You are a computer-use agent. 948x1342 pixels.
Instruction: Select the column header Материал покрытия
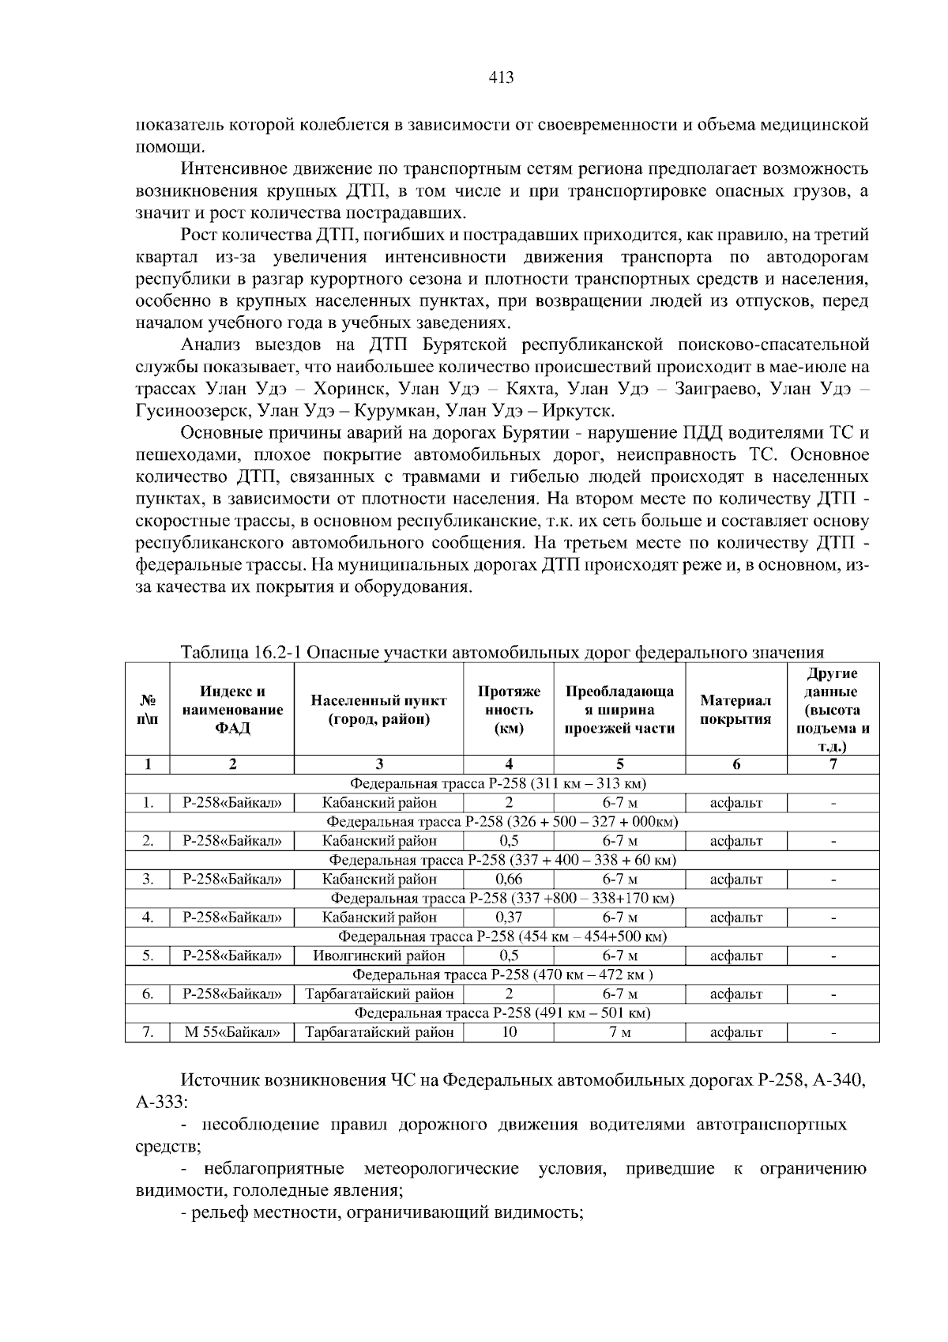tap(735, 709)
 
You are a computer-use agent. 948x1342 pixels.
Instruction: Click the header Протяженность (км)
tap(509, 709)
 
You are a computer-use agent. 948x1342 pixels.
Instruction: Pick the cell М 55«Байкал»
tap(231, 1032)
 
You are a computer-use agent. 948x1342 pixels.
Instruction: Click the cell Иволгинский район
tap(379, 956)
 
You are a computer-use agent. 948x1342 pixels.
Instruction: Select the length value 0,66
tap(509, 879)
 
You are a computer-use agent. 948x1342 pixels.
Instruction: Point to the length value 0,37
tap(509, 918)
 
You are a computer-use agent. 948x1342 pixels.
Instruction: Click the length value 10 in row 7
tap(509, 1032)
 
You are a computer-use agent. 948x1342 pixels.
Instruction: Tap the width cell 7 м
tap(619, 1032)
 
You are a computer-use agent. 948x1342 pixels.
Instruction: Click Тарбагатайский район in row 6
tap(379, 994)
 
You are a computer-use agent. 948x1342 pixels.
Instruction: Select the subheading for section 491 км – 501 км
tap(502, 1013)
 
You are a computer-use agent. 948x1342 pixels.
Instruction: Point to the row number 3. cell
tap(148, 879)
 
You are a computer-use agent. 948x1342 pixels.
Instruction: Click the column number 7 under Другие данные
tap(833, 764)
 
